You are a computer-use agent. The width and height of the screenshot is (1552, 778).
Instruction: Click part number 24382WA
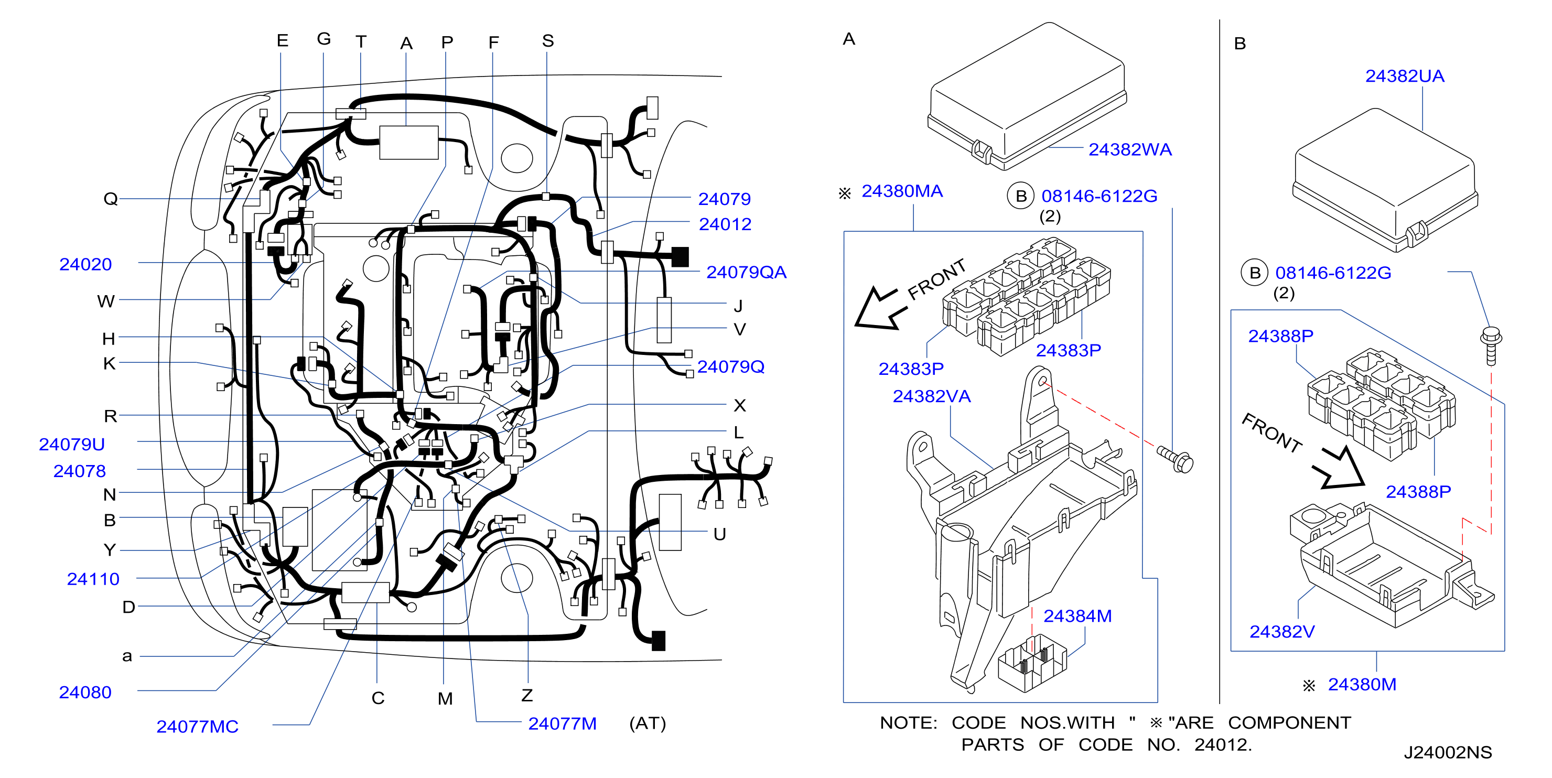(x=1130, y=149)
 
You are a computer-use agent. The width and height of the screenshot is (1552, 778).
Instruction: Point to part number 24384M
(x=1077, y=616)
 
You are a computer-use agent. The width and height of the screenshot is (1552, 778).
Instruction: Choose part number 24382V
(x=1281, y=632)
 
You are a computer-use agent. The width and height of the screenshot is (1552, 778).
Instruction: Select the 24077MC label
(x=197, y=726)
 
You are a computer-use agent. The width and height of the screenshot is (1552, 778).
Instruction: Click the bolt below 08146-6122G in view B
(x=1491, y=345)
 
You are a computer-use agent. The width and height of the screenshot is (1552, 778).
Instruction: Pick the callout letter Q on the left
(x=110, y=198)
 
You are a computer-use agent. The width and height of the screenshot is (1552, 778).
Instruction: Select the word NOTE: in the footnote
(x=909, y=722)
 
